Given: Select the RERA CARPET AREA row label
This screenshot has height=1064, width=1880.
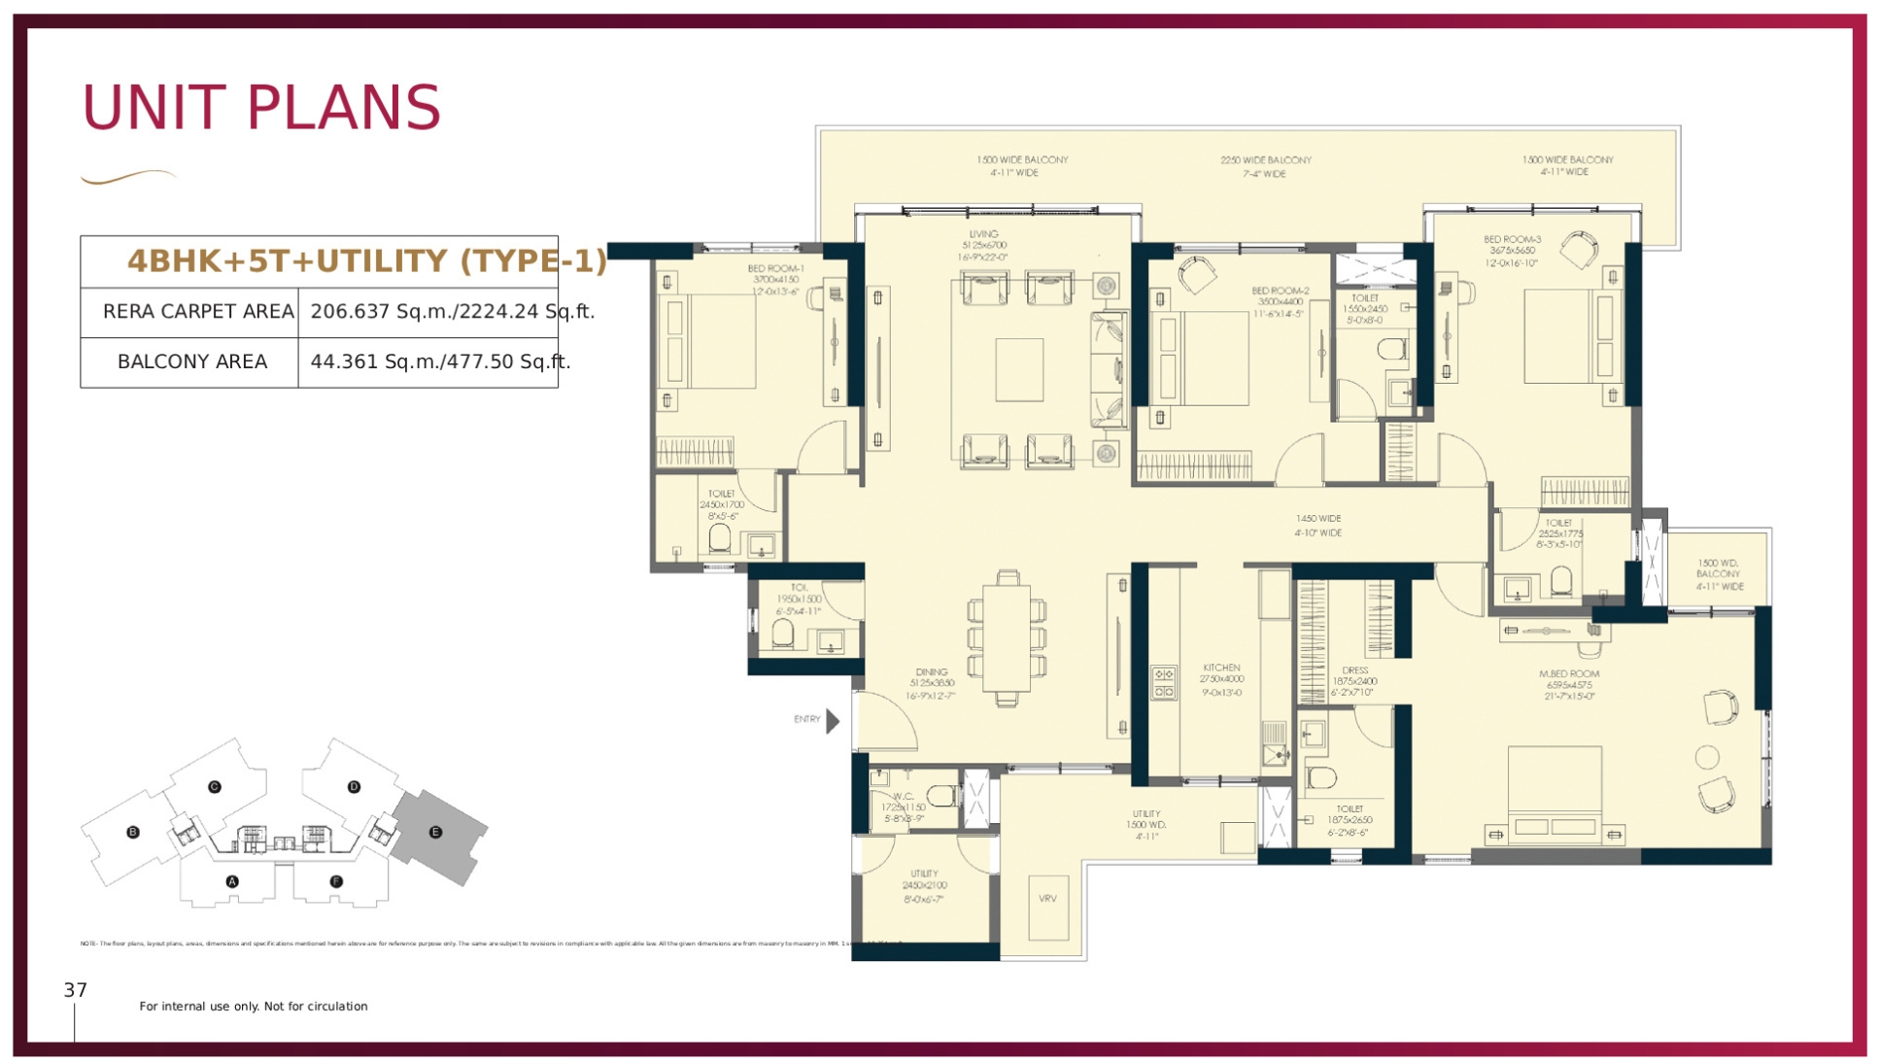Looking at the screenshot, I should [x=198, y=312].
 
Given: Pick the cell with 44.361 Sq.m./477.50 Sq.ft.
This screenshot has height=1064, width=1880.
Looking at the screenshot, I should [x=440, y=362].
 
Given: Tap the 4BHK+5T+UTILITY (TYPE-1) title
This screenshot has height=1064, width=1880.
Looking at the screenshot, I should [x=366, y=260].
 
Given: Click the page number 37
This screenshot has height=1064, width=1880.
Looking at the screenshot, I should [x=75, y=990].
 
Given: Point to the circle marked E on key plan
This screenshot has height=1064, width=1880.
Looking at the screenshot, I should [x=435, y=833].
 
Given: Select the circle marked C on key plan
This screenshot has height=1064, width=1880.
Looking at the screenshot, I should [x=215, y=787].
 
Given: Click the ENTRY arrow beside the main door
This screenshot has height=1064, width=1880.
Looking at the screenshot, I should [x=833, y=721].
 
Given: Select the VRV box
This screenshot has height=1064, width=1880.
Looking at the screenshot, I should [x=1047, y=899].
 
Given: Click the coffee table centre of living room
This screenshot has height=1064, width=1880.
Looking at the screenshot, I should [x=1019, y=369].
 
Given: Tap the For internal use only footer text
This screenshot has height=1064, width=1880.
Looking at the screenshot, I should [x=253, y=1007].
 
